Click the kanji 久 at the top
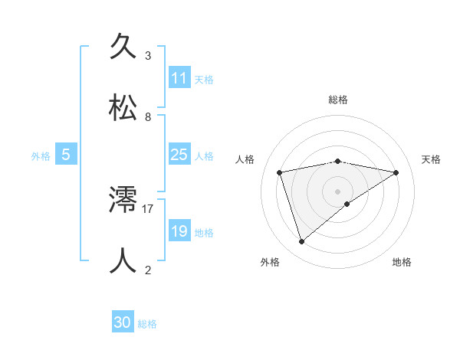point(123,47)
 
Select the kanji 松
point(123,108)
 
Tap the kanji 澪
point(123,200)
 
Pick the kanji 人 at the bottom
point(123,260)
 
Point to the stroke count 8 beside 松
point(148,117)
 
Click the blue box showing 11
point(179,78)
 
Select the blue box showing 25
point(179,155)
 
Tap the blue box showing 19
point(179,231)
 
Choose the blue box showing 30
point(123,322)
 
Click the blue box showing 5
point(66,155)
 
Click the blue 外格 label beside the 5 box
point(41,155)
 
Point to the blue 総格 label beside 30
point(147,324)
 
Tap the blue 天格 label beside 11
point(204,79)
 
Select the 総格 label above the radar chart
point(338,100)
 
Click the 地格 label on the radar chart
point(402,262)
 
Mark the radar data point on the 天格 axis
point(396,172)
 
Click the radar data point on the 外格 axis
point(301,241)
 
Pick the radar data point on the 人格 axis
point(280,172)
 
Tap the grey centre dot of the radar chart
point(338,191)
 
